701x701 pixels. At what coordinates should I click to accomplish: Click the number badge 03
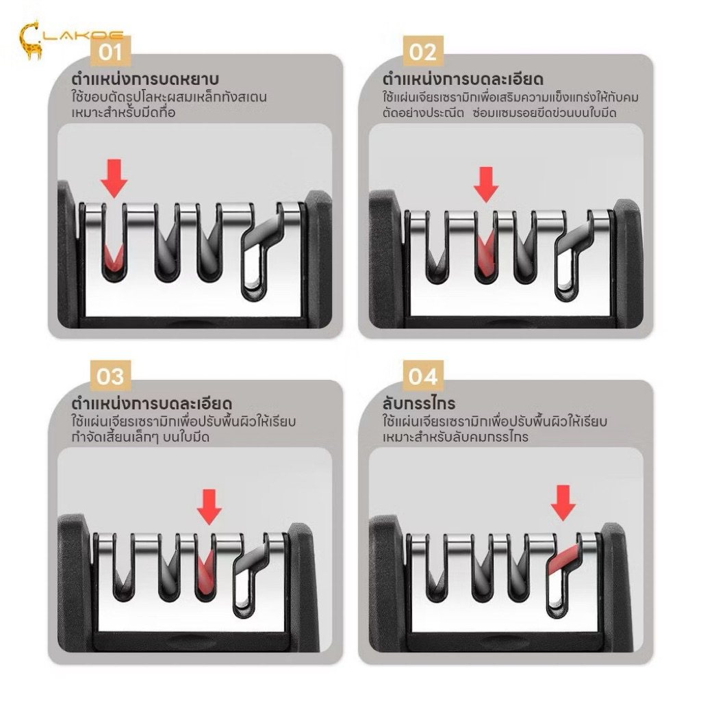tap(110, 376)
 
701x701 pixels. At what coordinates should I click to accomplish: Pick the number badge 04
tap(422, 376)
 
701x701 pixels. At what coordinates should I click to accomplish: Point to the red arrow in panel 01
tap(114, 178)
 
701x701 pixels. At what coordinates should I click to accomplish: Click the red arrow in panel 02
tap(486, 184)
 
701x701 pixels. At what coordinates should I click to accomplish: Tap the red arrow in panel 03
tap(209, 507)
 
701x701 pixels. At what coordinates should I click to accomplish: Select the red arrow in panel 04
tap(563, 502)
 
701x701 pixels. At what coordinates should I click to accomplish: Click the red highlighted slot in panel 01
tap(113, 258)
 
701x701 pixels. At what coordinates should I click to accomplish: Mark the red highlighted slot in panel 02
tap(486, 253)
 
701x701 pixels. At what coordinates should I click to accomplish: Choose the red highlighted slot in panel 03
tap(205, 572)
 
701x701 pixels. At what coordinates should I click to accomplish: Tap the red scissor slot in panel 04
tap(563, 559)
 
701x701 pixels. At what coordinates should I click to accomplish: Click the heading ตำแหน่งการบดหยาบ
tap(145, 79)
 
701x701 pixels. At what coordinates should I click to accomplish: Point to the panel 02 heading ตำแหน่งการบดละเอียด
tap(463, 79)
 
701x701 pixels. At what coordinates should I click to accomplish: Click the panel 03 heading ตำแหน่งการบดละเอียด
tap(151, 404)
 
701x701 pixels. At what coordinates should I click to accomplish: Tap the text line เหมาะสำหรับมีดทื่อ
tap(123, 113)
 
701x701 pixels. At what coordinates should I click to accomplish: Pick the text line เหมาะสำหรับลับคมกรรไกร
tap(455, 437)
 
